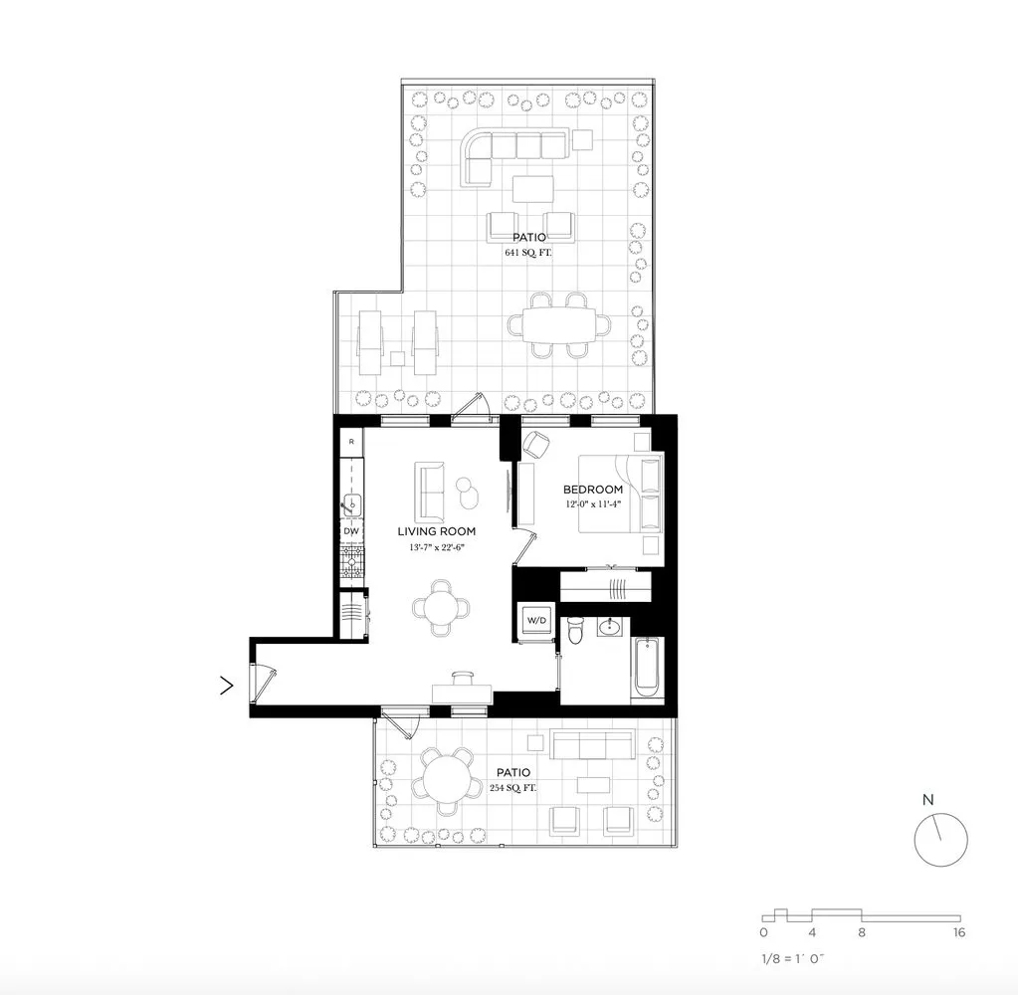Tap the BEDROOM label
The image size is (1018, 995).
pos(593,490)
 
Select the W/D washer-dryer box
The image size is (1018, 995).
pos(536,621)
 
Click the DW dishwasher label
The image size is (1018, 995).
pos(350,532)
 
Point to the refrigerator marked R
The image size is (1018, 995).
pos(350,441)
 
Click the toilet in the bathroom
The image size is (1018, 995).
pos(574,631)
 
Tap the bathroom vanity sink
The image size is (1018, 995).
pos(609,627)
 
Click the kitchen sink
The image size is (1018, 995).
pos(350,504)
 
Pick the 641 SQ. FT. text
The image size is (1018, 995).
pos(528,254)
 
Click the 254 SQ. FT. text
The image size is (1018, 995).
pos(512,788)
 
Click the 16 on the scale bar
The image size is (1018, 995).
pos(958,933)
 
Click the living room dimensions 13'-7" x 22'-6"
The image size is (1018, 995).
pos(439,547)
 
